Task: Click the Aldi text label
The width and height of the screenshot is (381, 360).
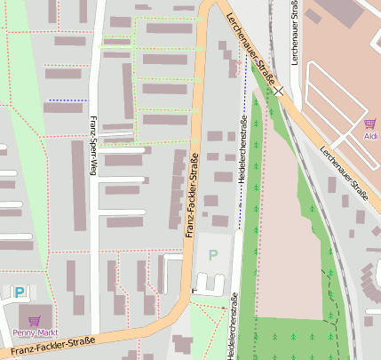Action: [x=370, y=135]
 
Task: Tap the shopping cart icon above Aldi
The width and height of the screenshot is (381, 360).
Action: [x=369, y=124]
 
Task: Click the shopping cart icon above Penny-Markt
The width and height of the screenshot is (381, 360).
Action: [x=35, y=321]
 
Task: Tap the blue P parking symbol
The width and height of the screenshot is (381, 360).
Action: [x=20, y=292]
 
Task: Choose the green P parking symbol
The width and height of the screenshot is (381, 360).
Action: [x=212, y=254]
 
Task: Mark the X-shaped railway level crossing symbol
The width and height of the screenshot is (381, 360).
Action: [x=279, y=90]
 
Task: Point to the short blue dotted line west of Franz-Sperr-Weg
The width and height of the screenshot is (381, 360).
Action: [x=67, y=100]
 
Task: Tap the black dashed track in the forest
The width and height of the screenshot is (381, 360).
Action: [x=337, y=311]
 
